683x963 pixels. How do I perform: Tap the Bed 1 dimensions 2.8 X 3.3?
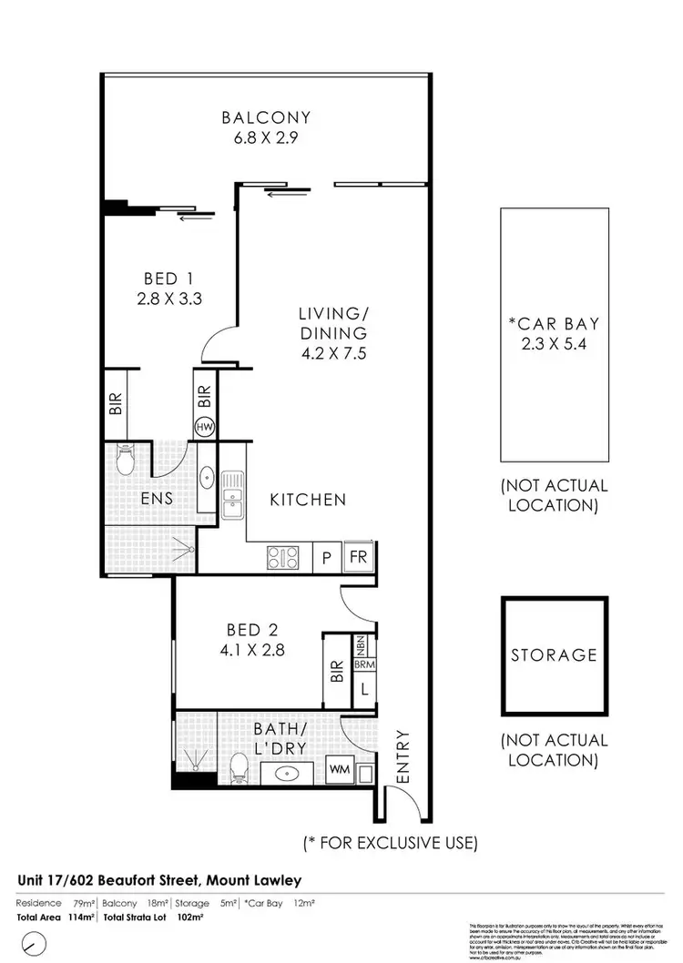[x=168, y=297]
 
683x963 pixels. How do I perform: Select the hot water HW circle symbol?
[x=205, y=426]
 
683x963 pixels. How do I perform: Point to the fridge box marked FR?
[x=357, y=557]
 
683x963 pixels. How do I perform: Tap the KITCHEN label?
[x=308, y=500]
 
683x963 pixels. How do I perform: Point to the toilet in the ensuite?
[x=127, y=455]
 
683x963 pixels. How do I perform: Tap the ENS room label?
[x=157, y=500]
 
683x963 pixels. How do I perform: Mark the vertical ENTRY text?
[x=404, y=756]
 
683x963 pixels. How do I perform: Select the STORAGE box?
[x=553, y=654]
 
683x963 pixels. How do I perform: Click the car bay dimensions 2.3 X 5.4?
[x=554, y=345]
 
